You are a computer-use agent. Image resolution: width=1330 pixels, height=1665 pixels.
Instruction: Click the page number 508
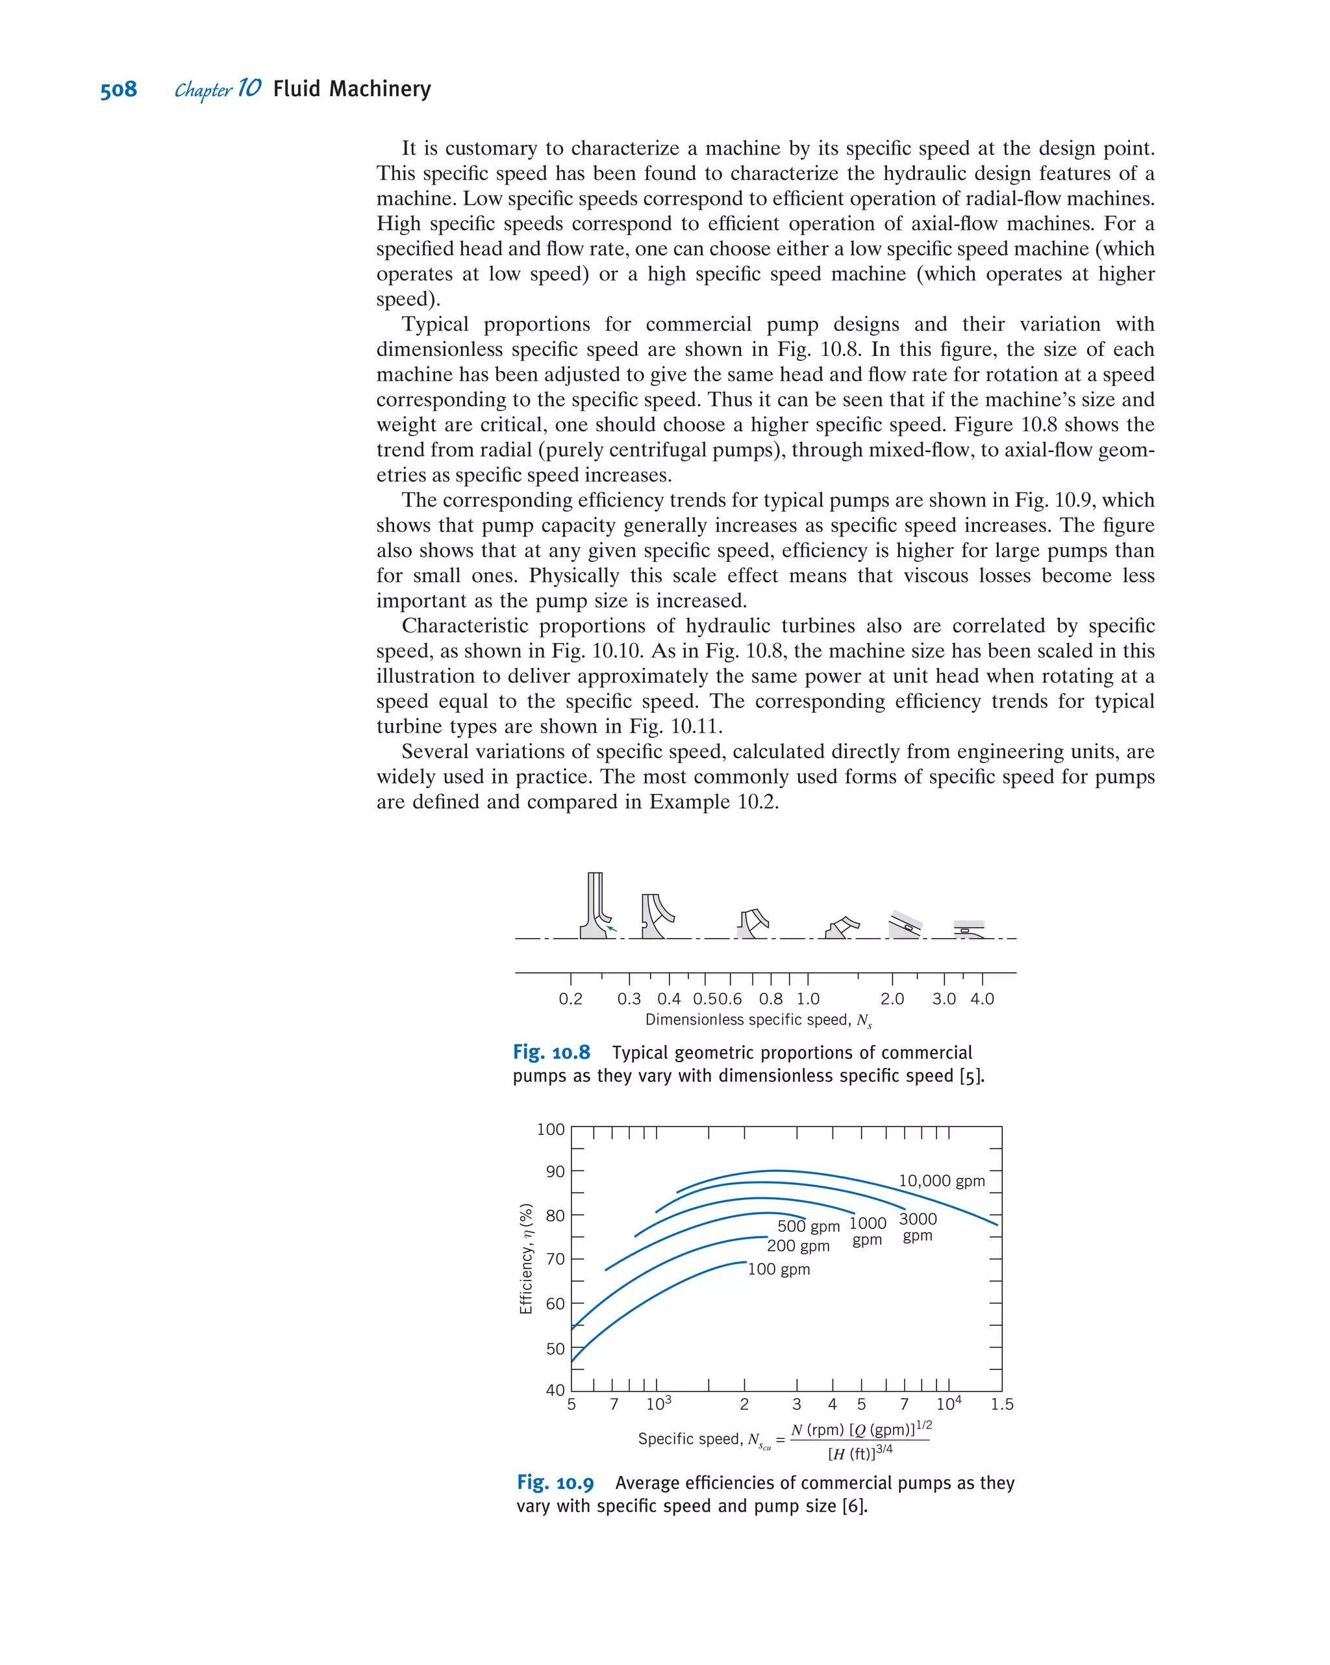(x=118, y=90)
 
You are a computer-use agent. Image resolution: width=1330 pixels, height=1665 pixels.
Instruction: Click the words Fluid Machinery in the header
(x=351, y=89)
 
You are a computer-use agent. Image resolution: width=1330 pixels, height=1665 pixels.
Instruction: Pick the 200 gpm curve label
(x=798, y=1245)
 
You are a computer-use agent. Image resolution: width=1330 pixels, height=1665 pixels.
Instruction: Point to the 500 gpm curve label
(x=808, y=1226)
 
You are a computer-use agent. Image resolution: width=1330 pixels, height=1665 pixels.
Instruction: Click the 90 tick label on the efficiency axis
(x=555, y=1171)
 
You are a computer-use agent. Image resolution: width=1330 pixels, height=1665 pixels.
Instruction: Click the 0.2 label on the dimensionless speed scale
(x=570, y=998)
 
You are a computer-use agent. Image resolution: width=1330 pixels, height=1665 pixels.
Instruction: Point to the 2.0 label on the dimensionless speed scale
(x=892, y=998)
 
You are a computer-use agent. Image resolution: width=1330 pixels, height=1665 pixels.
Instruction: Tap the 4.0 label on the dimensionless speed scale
(x=982, y=998)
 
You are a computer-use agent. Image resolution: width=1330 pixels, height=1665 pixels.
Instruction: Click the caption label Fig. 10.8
(x=551, y=1052)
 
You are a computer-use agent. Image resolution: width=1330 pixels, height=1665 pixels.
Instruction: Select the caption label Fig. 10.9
(x=555, y=1482)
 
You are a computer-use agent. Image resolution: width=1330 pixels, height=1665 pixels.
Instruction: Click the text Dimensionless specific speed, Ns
(x=758, y=1019)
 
